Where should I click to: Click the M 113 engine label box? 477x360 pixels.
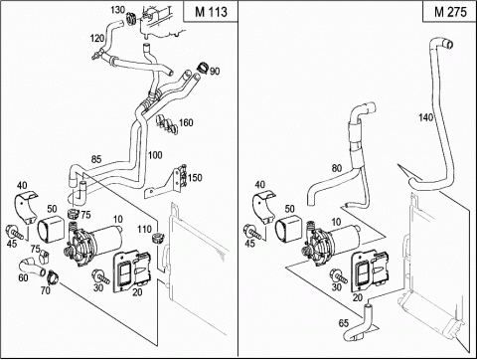click(211, 12)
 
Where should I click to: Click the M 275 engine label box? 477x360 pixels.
click(450, 12)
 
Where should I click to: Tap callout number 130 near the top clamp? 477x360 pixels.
click(117, 10)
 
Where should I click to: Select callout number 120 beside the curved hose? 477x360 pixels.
click(97, 39)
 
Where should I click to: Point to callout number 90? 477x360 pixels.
click(215, 72)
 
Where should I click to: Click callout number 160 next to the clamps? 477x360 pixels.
click(186, 123)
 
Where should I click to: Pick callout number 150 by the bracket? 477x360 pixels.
click(195, 178)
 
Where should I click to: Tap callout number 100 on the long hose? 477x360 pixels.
click(155, 155)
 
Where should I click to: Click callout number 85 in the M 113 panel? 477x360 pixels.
click(96, 159)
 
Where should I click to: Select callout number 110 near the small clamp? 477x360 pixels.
click(144, 229)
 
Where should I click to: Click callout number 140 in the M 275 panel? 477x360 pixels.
click(425, 117)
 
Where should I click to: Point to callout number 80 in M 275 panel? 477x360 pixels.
click(337, 168)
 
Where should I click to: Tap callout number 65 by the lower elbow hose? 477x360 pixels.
click(344, 322)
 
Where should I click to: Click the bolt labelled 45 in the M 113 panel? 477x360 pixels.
click(15, 232)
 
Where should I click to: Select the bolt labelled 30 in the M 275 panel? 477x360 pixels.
click(339, 275)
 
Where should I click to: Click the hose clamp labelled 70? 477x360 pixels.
click(53, 277)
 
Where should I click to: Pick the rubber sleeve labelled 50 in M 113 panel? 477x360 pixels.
click(51, 228)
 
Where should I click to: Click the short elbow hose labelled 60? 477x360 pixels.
click(32, 268)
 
